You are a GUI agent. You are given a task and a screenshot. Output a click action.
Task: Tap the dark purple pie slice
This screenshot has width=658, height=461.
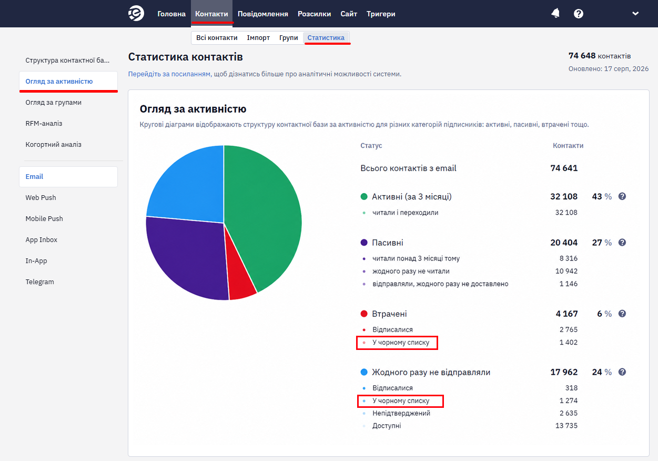pyautogui.click(x=188, y=256)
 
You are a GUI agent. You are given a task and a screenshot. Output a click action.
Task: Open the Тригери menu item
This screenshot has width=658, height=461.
pyautogui.click(x=381, y=14)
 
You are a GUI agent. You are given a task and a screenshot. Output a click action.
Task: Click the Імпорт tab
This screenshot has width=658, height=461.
pyautogui.click(x=258, y=37)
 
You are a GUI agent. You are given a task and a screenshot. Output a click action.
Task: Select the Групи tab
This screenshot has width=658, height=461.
pyautogui.click(x=288, y=37)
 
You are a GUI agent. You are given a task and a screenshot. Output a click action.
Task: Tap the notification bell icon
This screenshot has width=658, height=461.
pyautogui.click(x=555, y=13)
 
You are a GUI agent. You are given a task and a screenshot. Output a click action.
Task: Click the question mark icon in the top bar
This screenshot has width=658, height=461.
pyautogui.click(x=579, y=14)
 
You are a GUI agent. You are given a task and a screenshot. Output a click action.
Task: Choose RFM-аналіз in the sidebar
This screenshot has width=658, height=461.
pyautogui.click(x=44, y=123)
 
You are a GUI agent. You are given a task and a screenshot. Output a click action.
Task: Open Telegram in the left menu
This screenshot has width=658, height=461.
pyautogui.click(x=39, y=282)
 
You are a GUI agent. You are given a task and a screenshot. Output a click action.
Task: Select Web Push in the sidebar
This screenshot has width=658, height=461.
pyautogui.click(x=41, y=197)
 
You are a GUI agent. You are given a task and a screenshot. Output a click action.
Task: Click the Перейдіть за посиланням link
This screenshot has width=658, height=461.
pyautogui.click(x=170, y=74)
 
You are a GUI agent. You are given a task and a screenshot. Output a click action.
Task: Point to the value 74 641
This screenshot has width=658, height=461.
pyautogui.click(x=564, y=168)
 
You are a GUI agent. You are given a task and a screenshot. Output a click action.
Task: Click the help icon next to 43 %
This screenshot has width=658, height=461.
pyautogui.click(x=622, y=196)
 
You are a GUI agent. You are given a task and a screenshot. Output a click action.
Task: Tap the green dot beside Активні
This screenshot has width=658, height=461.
pyautogui.click(x=364, y=197)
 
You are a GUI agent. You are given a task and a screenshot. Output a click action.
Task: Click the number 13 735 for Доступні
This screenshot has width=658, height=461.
pyautogui.click(x=566, y=425)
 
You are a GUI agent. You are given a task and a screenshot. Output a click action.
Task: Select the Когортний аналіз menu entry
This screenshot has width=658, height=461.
pyautogui.click(x=54, y=145)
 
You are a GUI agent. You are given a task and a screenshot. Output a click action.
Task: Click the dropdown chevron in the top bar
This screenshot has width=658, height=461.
pyautogui.click(x=635, y=14)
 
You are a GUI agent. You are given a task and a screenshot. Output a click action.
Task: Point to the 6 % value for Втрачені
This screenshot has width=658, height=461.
pyautogui.click(x=604, y=314)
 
